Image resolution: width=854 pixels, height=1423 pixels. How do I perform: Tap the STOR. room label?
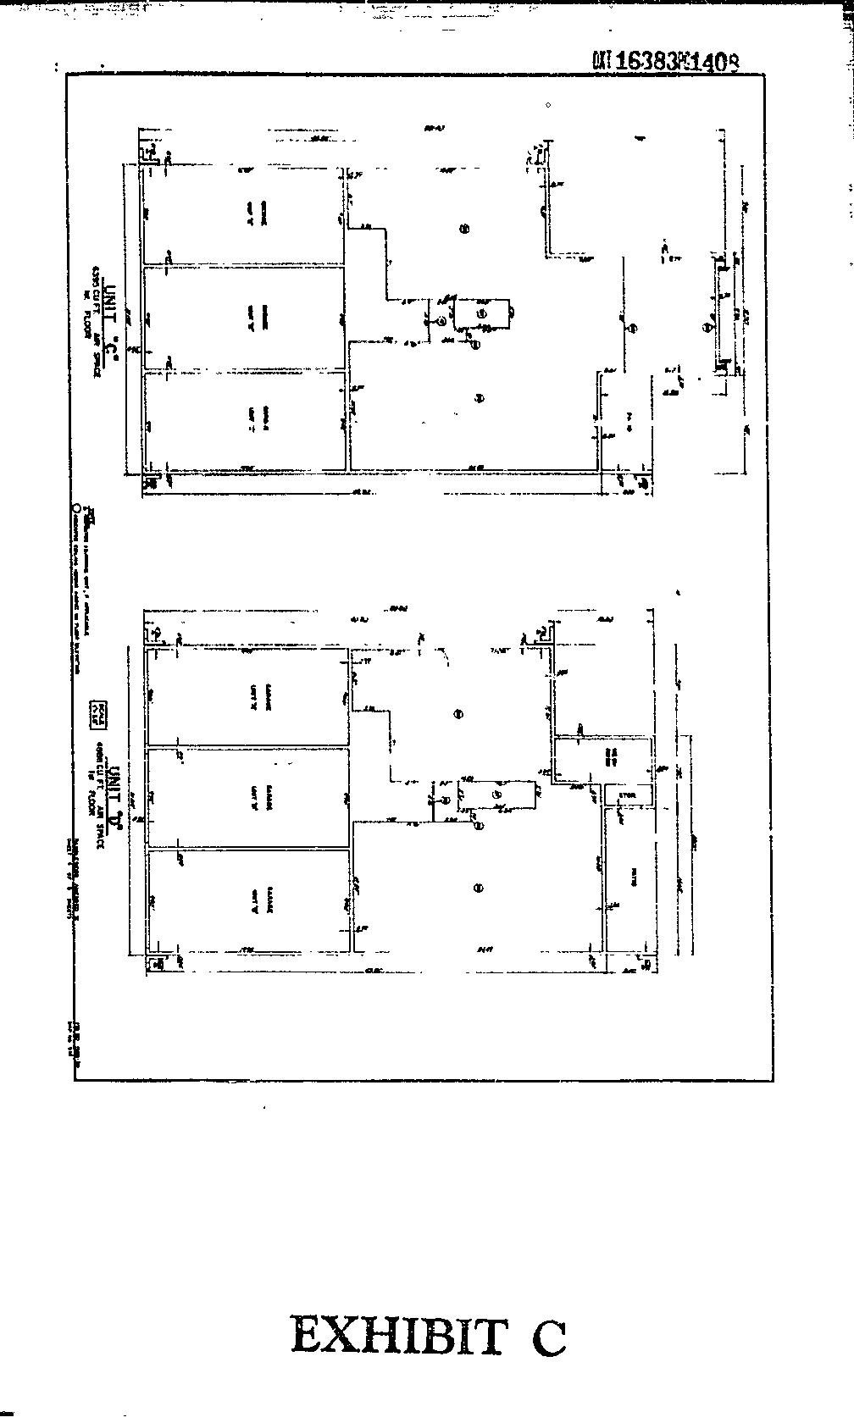(628, 795)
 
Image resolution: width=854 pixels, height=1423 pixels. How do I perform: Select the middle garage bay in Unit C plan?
(245, 318)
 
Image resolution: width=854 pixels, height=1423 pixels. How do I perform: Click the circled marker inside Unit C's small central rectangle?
(482, 313)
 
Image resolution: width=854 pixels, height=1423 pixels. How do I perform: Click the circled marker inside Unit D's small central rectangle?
(497, 795)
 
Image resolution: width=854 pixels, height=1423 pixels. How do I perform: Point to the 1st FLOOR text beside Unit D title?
(91, 797)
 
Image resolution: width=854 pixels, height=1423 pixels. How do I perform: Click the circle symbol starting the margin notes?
(75, 509)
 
